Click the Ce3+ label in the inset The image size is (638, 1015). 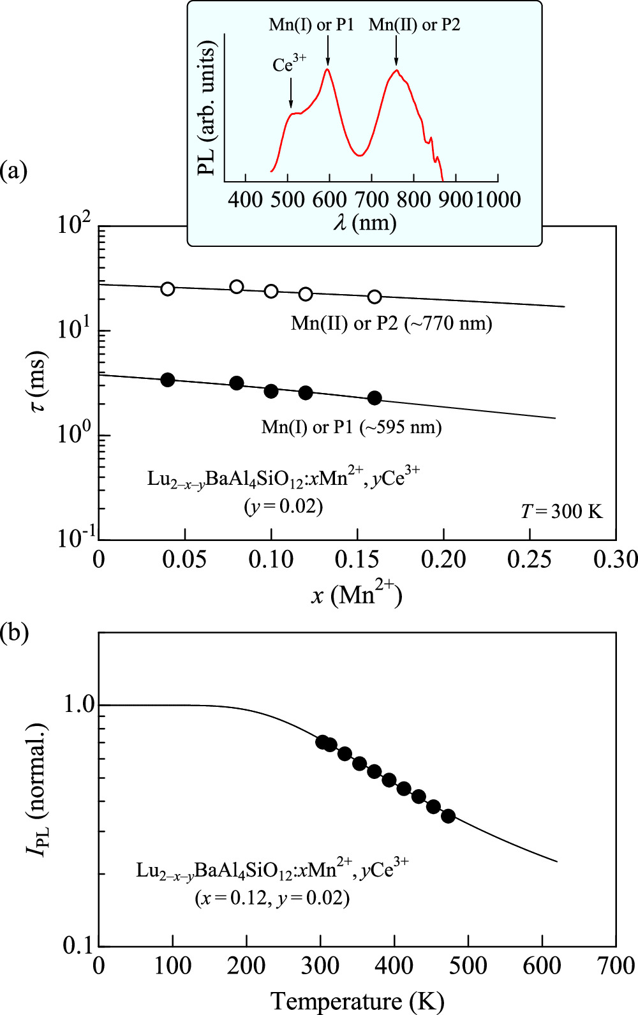tap(289, 65)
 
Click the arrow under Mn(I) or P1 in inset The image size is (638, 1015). tap(327, 50)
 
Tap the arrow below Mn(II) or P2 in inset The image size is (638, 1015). tap(396, 50)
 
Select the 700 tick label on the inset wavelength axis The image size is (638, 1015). tap(371, 200)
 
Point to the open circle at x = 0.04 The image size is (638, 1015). tap(167, 289)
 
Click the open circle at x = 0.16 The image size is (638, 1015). tap(375, 297)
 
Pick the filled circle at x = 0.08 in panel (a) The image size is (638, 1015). tap(237, 383)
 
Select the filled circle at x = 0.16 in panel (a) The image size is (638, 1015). tap(375, 398)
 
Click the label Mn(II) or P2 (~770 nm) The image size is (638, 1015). tap(392, 323)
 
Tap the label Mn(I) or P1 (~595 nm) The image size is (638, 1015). tap(352, 427)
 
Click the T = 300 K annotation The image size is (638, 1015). tap(561, 512)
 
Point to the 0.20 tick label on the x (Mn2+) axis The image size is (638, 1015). tap(443, 559)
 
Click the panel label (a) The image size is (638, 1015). tap(14, 170)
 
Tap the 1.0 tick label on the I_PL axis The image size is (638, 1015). tap(78, 705)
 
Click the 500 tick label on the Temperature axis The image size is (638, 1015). tap(468, 965)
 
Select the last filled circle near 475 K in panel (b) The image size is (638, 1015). tap(448, 816)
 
